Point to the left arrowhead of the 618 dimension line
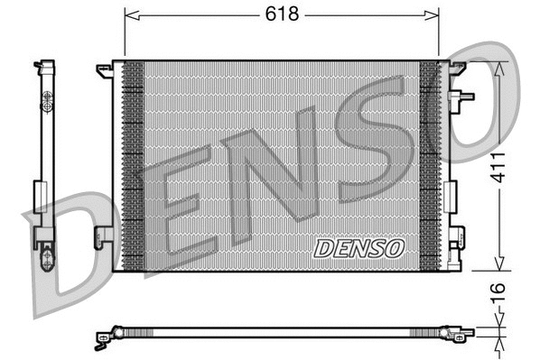click(x=128, y=14)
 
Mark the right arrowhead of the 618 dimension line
click(x=433, y=14)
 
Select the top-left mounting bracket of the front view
click(x=104, y=69)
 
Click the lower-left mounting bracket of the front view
click(x=104, y=235)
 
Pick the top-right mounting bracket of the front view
click(x=457, y=68)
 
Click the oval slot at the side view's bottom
click(x=47, y=261)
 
